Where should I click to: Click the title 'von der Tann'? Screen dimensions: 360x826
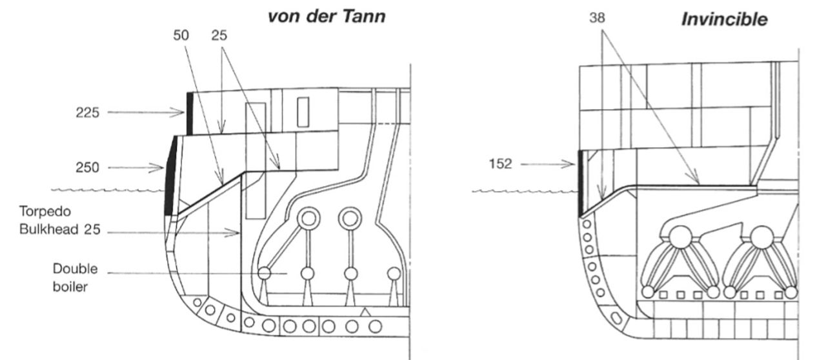click(x=327, y=17)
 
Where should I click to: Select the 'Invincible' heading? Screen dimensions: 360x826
click(x=725, y=20)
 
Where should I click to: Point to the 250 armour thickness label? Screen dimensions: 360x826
click(x=87, y=168)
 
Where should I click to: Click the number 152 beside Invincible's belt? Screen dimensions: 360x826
click(x=499, y=164)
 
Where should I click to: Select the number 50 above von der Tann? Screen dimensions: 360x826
click(x=183, y=36)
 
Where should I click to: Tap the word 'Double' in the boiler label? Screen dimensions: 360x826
click(x=76, y=269)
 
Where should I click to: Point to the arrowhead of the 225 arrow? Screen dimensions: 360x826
click(x=183, y=113)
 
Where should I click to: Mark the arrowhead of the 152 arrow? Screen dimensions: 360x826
click(x=572, y=164)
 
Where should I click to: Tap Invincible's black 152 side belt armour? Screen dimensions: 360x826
click(x=579, y=182)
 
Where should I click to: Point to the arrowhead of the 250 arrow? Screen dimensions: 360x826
click(x=163, y=168)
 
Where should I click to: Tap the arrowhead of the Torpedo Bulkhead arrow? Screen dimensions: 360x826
click(x=237, y=233)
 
